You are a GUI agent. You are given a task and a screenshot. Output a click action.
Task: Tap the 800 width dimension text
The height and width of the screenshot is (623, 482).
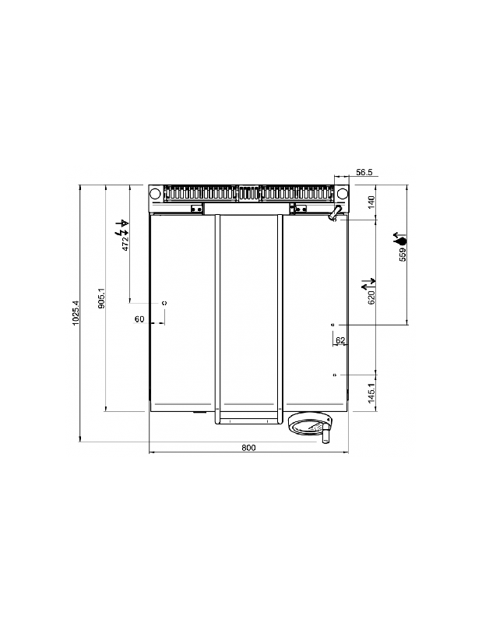click(248, 448)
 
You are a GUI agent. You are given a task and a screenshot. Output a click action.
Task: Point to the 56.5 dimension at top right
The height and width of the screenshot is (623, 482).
click(365, 171)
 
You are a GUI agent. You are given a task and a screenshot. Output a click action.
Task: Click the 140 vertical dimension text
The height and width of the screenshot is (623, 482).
click(371, 202)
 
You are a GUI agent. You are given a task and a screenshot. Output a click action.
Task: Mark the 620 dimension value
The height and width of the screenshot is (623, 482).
click(371, 294)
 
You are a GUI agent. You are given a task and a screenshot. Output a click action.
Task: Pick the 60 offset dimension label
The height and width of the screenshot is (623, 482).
click(139, 319)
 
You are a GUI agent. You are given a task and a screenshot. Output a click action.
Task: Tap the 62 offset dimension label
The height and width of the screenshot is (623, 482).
click(340, 340)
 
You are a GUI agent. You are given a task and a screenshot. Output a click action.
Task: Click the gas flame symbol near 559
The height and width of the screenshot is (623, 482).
click(402, 238)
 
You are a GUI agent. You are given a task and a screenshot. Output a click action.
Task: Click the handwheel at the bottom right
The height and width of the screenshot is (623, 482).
click(309, 425)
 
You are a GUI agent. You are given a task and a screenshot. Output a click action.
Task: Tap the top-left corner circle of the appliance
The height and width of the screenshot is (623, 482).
click(156, 194)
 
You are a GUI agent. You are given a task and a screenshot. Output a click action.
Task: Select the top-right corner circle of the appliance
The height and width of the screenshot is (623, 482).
click(342, 194)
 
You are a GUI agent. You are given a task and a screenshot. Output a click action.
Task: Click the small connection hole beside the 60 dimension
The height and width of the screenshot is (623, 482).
click(164, 301)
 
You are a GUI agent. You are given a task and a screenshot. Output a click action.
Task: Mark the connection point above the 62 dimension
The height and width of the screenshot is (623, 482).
click(333, 324)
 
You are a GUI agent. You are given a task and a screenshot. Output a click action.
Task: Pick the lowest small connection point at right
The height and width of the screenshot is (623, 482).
click(334, 375)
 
